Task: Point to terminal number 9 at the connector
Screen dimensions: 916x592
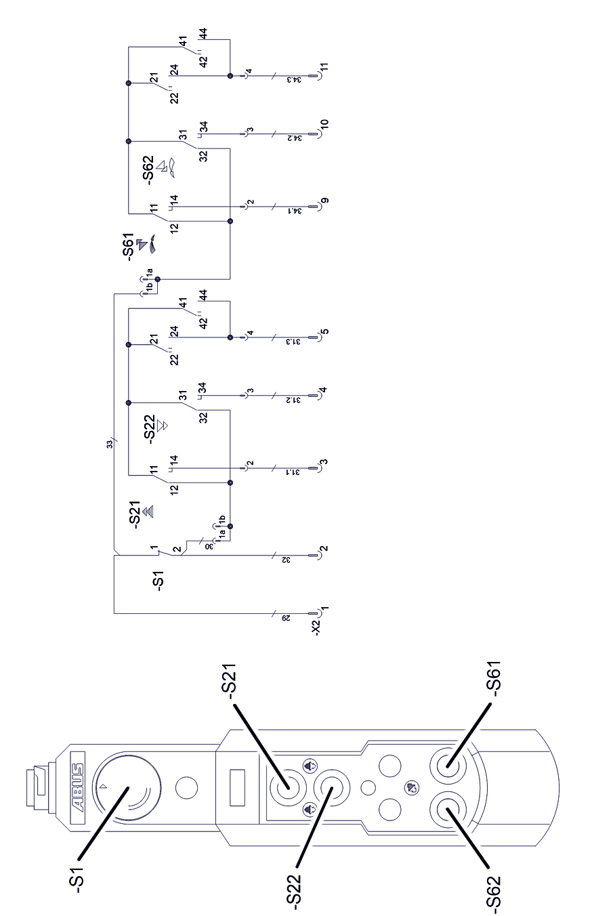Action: (324, 201)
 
